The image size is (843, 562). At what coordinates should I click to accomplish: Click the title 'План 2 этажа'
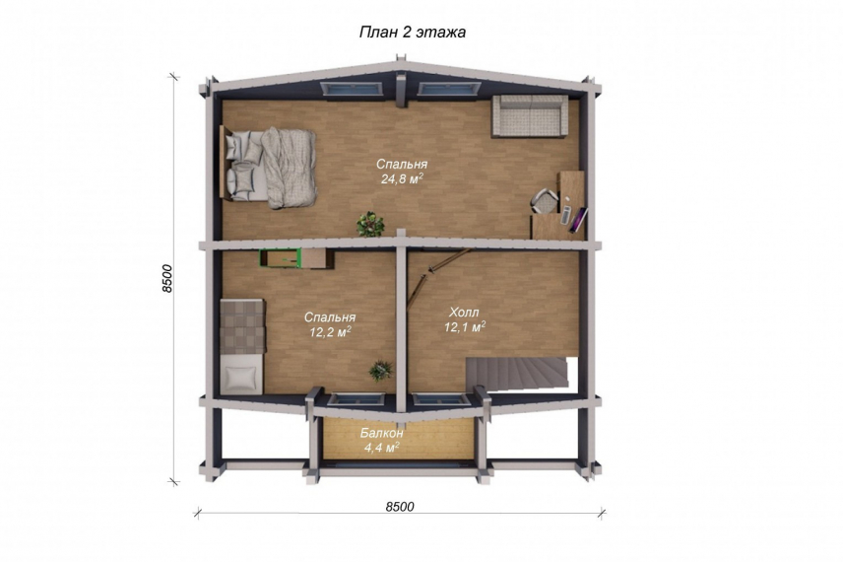413,33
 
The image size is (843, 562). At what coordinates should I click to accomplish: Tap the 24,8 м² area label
402,178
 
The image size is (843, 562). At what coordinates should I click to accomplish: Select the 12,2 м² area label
330,331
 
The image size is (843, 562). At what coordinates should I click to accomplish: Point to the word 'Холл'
464,313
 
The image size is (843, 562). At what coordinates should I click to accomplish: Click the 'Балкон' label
382,433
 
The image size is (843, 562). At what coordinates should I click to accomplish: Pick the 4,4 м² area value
382,447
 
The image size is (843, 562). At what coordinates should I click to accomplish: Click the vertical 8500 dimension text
167,278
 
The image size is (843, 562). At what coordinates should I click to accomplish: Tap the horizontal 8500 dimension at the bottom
400,507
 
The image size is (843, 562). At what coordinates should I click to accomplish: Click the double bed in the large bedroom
268,167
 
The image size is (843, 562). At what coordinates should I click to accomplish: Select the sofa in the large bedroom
530,115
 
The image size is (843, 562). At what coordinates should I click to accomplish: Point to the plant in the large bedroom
370,224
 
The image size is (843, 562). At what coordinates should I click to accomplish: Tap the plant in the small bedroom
381,371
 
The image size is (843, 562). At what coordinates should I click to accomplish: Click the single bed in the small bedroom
242,347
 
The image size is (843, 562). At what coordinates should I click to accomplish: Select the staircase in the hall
516,374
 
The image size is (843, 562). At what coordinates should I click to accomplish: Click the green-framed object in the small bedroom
280,258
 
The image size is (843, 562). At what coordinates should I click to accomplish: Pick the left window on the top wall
348,90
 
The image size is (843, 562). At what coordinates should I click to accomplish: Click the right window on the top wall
449,90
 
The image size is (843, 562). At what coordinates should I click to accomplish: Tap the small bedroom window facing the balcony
356,399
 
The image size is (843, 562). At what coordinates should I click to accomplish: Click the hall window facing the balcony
442,399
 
